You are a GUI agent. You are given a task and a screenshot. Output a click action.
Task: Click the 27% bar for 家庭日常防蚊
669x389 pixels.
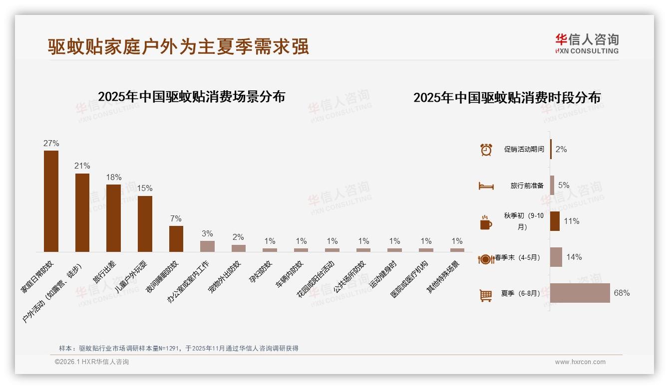pos(51,201)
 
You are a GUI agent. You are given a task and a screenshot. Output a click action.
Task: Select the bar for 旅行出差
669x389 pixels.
pos(113,218)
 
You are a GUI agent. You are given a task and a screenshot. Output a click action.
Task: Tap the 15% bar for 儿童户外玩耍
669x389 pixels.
pos(145,223)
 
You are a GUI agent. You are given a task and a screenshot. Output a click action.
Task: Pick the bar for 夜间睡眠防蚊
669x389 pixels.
pos(176,238)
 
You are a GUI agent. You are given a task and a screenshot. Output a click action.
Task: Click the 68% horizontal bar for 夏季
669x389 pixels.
pos(580,293)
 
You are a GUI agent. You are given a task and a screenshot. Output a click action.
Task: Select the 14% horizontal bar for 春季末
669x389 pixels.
pos(556,257)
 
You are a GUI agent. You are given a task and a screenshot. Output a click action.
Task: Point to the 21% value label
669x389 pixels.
pos(82,166)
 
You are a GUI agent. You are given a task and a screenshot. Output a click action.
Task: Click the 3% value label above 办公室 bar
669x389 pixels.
pos(207,233)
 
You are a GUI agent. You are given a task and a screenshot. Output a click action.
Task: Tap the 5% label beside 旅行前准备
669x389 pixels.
pos(564,185)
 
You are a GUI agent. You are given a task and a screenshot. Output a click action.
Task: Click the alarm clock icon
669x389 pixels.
pos(486,149)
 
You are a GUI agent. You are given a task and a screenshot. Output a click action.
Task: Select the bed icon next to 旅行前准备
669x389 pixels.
pos(486,186)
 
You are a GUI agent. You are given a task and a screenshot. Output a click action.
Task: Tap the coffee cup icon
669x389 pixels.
pos(486,222)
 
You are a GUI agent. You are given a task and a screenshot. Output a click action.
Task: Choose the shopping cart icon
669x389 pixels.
pos(486,295)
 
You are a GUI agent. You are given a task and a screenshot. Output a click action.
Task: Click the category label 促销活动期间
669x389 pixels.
pos(524,149)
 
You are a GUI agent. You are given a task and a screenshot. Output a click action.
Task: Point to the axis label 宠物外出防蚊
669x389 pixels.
pos(224,277)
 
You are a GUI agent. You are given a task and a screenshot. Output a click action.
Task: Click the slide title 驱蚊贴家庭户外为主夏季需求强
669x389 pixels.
pos(178,46)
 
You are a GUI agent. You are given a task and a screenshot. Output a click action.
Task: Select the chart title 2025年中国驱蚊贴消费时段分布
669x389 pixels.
pos(507,97)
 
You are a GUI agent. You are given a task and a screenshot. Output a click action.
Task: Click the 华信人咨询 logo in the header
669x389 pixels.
pos(587,43)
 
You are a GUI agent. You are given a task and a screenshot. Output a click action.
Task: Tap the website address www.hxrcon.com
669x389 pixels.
pos(580,362)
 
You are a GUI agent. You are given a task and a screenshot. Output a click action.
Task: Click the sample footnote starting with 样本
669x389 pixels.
pos(178,348)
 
